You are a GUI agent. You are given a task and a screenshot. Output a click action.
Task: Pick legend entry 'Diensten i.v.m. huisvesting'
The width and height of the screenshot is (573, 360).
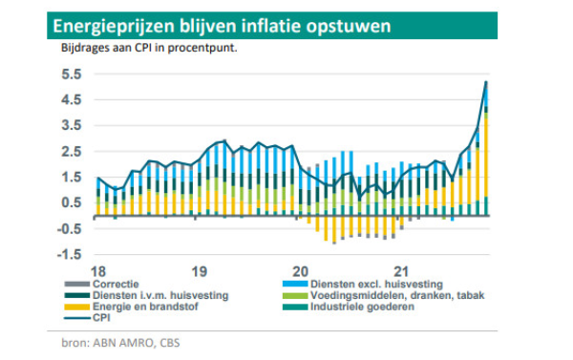click(160, 296)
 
